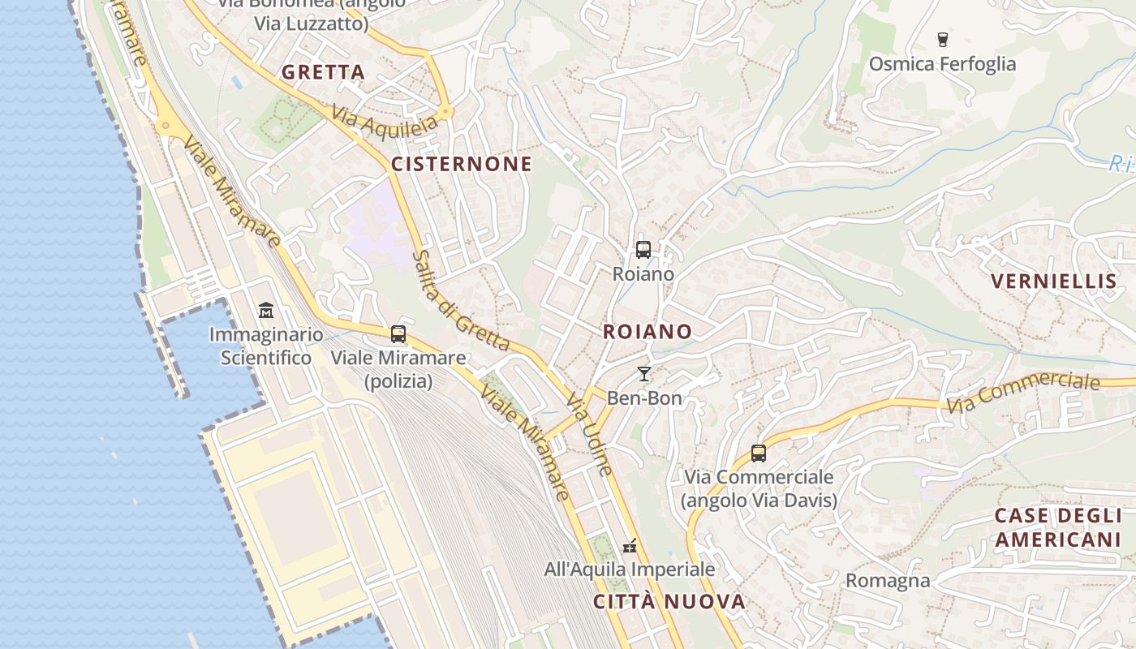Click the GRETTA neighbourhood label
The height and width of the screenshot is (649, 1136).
[323, 72]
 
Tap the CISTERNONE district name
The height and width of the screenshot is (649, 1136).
[462, 164]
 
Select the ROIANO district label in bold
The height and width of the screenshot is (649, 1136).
[647, 331]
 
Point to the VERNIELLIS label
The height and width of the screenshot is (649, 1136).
[1053, 282]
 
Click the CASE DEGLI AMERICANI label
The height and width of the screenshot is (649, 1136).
[1058, 528]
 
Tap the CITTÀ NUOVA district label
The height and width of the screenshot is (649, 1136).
[669, 601]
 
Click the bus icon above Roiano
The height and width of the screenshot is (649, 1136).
[643, 250]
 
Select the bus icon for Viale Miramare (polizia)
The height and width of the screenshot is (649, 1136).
[398, 333]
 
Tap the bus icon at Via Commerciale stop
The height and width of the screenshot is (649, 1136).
[759, 453]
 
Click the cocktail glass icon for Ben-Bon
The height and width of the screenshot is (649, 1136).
[644, 374]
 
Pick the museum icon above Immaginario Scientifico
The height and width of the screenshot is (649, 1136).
[265, 311]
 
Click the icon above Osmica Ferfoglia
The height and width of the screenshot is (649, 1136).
[942, 39]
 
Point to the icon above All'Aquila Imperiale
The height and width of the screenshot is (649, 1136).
[629, 546]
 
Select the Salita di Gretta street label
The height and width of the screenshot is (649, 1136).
[459, 299]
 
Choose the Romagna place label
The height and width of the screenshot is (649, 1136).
[888, 581]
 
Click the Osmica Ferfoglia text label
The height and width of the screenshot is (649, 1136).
[942, 63]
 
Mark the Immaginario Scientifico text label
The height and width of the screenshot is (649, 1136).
[265, 346]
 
